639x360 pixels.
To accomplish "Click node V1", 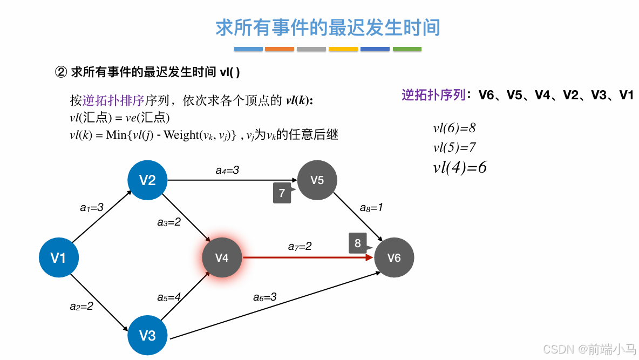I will [58, 258].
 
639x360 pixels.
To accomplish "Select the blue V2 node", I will [147, 180].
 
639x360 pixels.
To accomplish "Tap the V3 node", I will [147, 336].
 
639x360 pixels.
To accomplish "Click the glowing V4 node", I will [222, 258].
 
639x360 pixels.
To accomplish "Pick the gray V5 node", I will [317, 180].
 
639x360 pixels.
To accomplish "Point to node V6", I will [394, 258].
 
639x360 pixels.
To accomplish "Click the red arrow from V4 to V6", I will [308, 258].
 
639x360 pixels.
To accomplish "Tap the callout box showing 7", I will [282, 193].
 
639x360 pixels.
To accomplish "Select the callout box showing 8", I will [358, 243].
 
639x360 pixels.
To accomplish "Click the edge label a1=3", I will [91, 207].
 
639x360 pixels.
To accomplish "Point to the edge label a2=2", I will [81, 306].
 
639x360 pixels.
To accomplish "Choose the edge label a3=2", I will [169, 222].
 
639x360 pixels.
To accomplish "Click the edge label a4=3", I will [227, 171].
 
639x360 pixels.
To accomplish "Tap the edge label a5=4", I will [169, 297].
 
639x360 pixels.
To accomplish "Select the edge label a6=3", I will [265, 296].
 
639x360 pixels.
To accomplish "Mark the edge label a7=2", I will [300, 246].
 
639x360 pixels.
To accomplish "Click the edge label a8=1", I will [371, 208].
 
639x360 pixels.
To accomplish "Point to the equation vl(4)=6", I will [460, 167].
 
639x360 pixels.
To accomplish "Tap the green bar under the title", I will [407, 49].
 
